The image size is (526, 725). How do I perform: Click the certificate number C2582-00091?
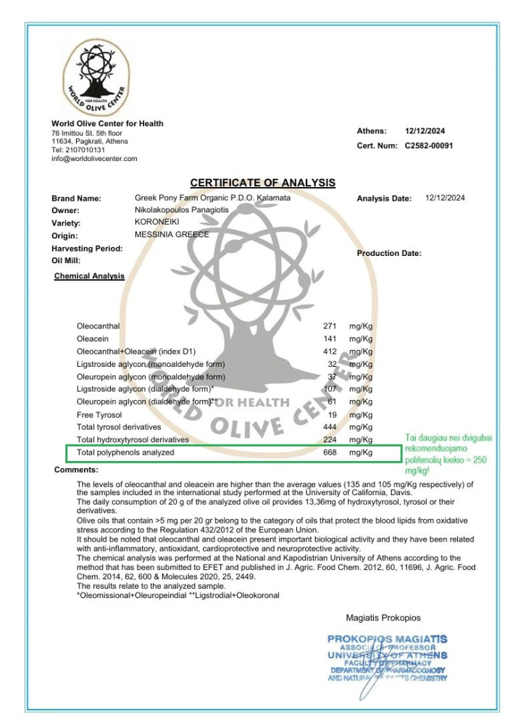(428, 145)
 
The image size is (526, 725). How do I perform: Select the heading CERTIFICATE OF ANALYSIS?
(262, 183)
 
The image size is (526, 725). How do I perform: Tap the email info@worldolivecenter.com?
(94, 158)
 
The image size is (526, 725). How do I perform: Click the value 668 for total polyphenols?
(330, 452)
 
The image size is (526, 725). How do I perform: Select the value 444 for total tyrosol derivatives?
(330, 427)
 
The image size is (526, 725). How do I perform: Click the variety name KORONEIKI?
(156, 222)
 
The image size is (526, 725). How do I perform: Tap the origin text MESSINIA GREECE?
(172, 234)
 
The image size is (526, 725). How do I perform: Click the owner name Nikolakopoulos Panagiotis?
(181, 210)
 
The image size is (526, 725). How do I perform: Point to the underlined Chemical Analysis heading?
(89, 276)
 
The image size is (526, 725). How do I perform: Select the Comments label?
(76, 470)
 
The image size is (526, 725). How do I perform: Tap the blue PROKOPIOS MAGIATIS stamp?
(387, 657)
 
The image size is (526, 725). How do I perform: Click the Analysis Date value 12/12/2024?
(445, 198)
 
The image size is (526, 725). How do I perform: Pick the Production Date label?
(389, 253)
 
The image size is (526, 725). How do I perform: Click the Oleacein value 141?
(330, 339)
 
